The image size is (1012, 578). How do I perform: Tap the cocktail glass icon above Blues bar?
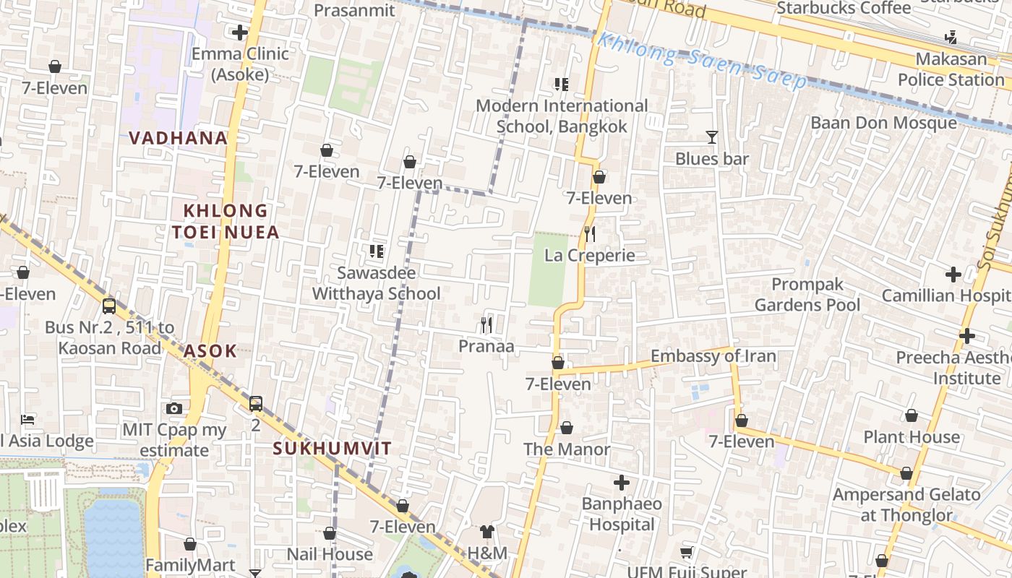tap(712, 137)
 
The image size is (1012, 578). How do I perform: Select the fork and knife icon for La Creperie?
tap(590, 233)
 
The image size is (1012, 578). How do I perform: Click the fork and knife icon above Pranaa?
tap(486, 325)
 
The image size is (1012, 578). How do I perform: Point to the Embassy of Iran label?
tap(713, 356)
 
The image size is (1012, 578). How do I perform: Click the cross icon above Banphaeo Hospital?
tap(622, 482)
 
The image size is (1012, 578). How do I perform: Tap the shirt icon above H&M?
tap(487, 532)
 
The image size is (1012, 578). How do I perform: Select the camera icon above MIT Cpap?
tap(173, 408)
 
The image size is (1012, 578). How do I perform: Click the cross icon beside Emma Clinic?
tap(239, 33)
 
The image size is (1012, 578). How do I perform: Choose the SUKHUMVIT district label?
tap(332, 448)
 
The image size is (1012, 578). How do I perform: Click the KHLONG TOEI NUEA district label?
tap(226, 221)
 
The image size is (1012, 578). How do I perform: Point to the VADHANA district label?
tap(178, 137)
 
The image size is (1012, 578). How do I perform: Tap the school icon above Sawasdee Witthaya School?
tap(376, 251)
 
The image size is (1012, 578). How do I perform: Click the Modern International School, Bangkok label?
tap(562, 116)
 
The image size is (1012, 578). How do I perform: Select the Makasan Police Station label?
tap(951, 69)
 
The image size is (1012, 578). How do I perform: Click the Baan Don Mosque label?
tap(883, 123)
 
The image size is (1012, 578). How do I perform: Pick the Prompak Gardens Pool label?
tap(807, 295)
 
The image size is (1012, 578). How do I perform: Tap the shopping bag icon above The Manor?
tap(567, 428)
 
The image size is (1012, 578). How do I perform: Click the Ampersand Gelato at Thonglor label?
tap(906, 505)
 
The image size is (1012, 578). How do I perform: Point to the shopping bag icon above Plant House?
tap(912, 415)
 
